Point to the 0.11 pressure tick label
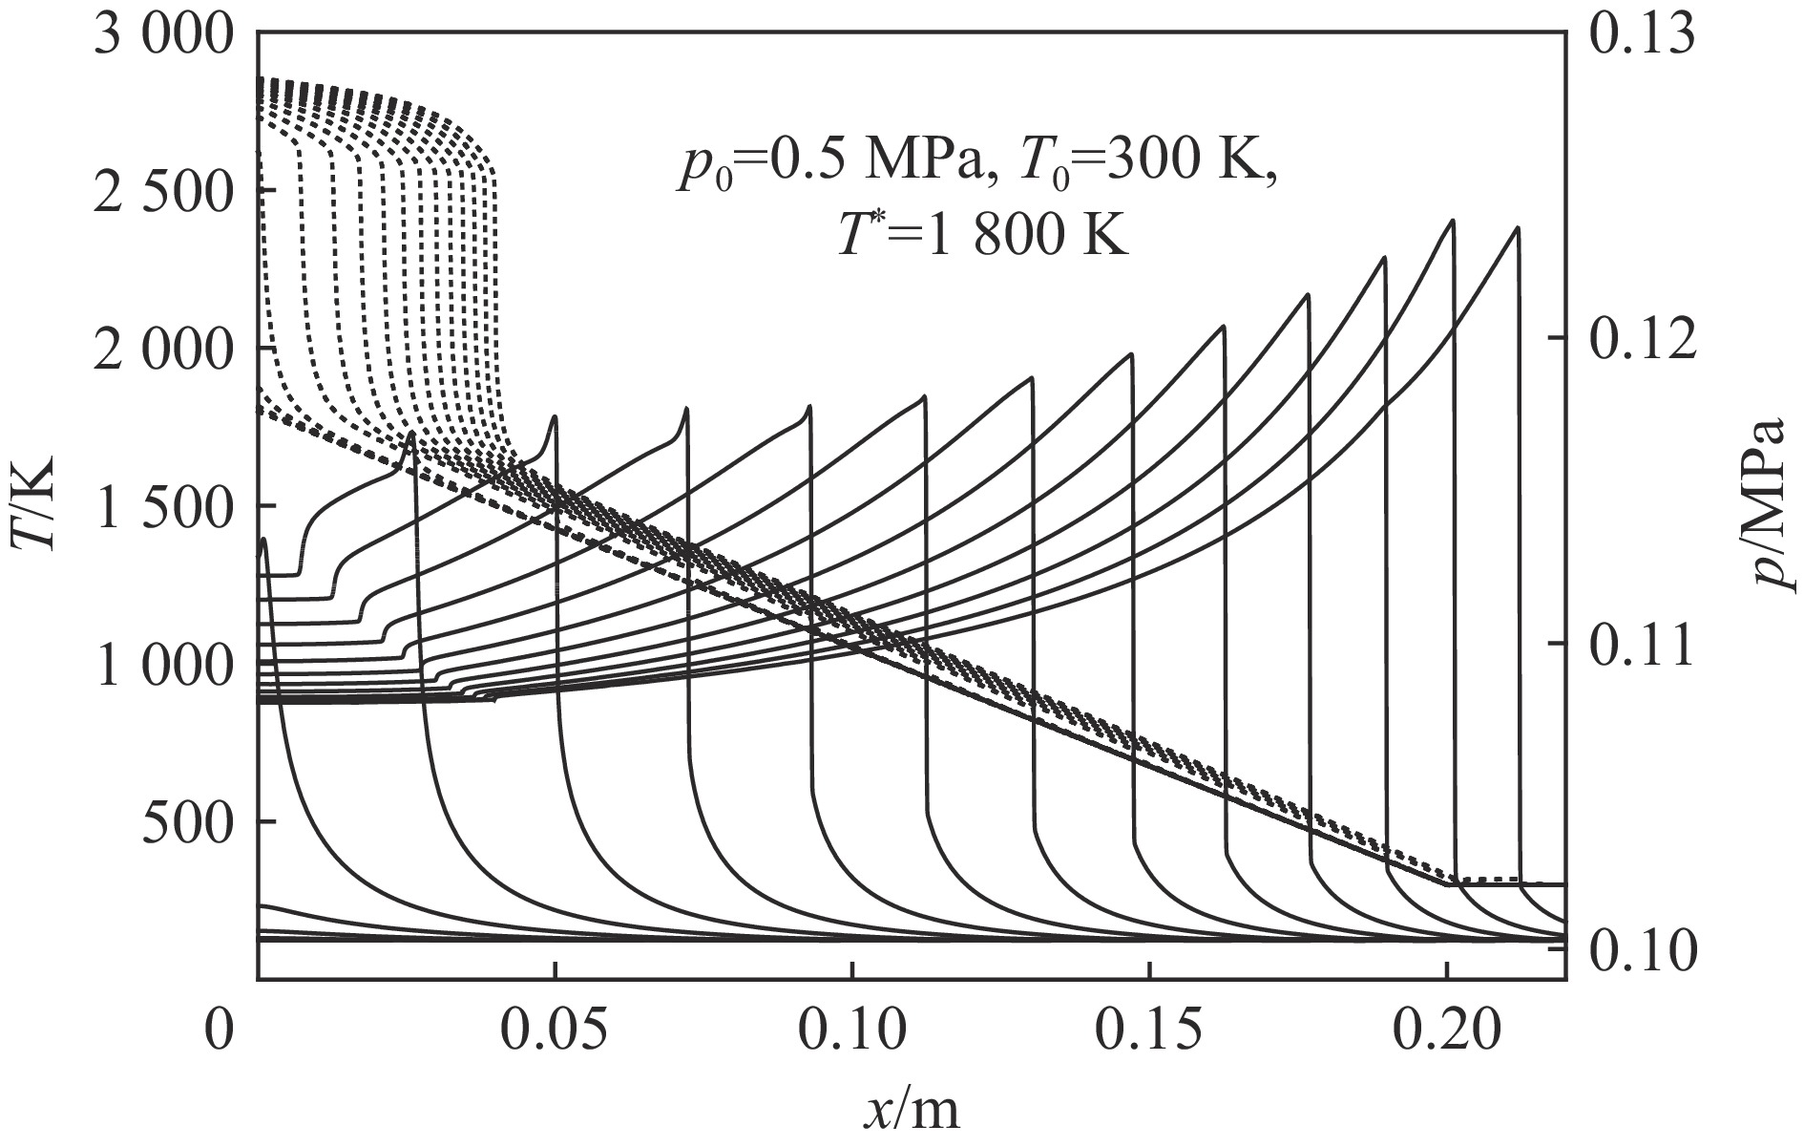tap(1644, 644)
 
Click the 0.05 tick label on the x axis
tap(554, 1032)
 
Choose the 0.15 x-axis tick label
tap(1149, 1032)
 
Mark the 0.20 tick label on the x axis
tap(1447, 1032)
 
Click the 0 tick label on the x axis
tap(220, 1032)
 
